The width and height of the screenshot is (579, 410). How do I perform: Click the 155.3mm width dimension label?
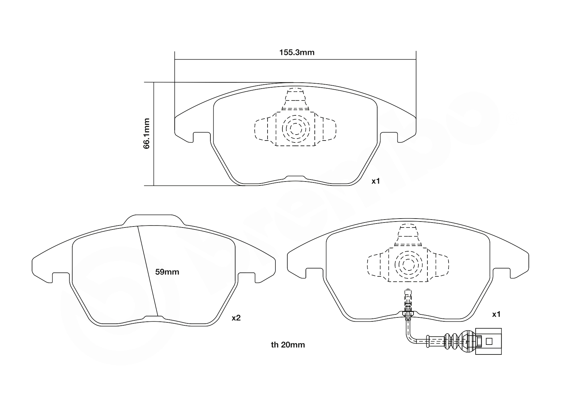(x=297, y=52)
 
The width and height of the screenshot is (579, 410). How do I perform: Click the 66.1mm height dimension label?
(x=147, y=134)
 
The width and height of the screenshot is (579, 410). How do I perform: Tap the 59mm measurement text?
(x=167, y=272)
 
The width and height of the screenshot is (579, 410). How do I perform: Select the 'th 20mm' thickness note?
(x=288, y=345)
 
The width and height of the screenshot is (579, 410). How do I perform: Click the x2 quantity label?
(x=236, y=318)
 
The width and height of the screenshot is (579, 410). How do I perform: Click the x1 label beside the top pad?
(x=376, y=181)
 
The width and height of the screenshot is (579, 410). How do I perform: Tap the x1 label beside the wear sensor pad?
(x=496, y=314)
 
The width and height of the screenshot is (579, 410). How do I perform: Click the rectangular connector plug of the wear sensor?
(x=488, y=341)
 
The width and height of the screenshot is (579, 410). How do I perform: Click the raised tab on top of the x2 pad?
(x=154, y=220)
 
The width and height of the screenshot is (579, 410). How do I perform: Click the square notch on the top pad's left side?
(x=201, y=137)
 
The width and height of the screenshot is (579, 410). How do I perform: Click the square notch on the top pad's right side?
(x=389, y=137)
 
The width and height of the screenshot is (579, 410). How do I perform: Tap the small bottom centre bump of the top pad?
(x=295, y=178)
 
